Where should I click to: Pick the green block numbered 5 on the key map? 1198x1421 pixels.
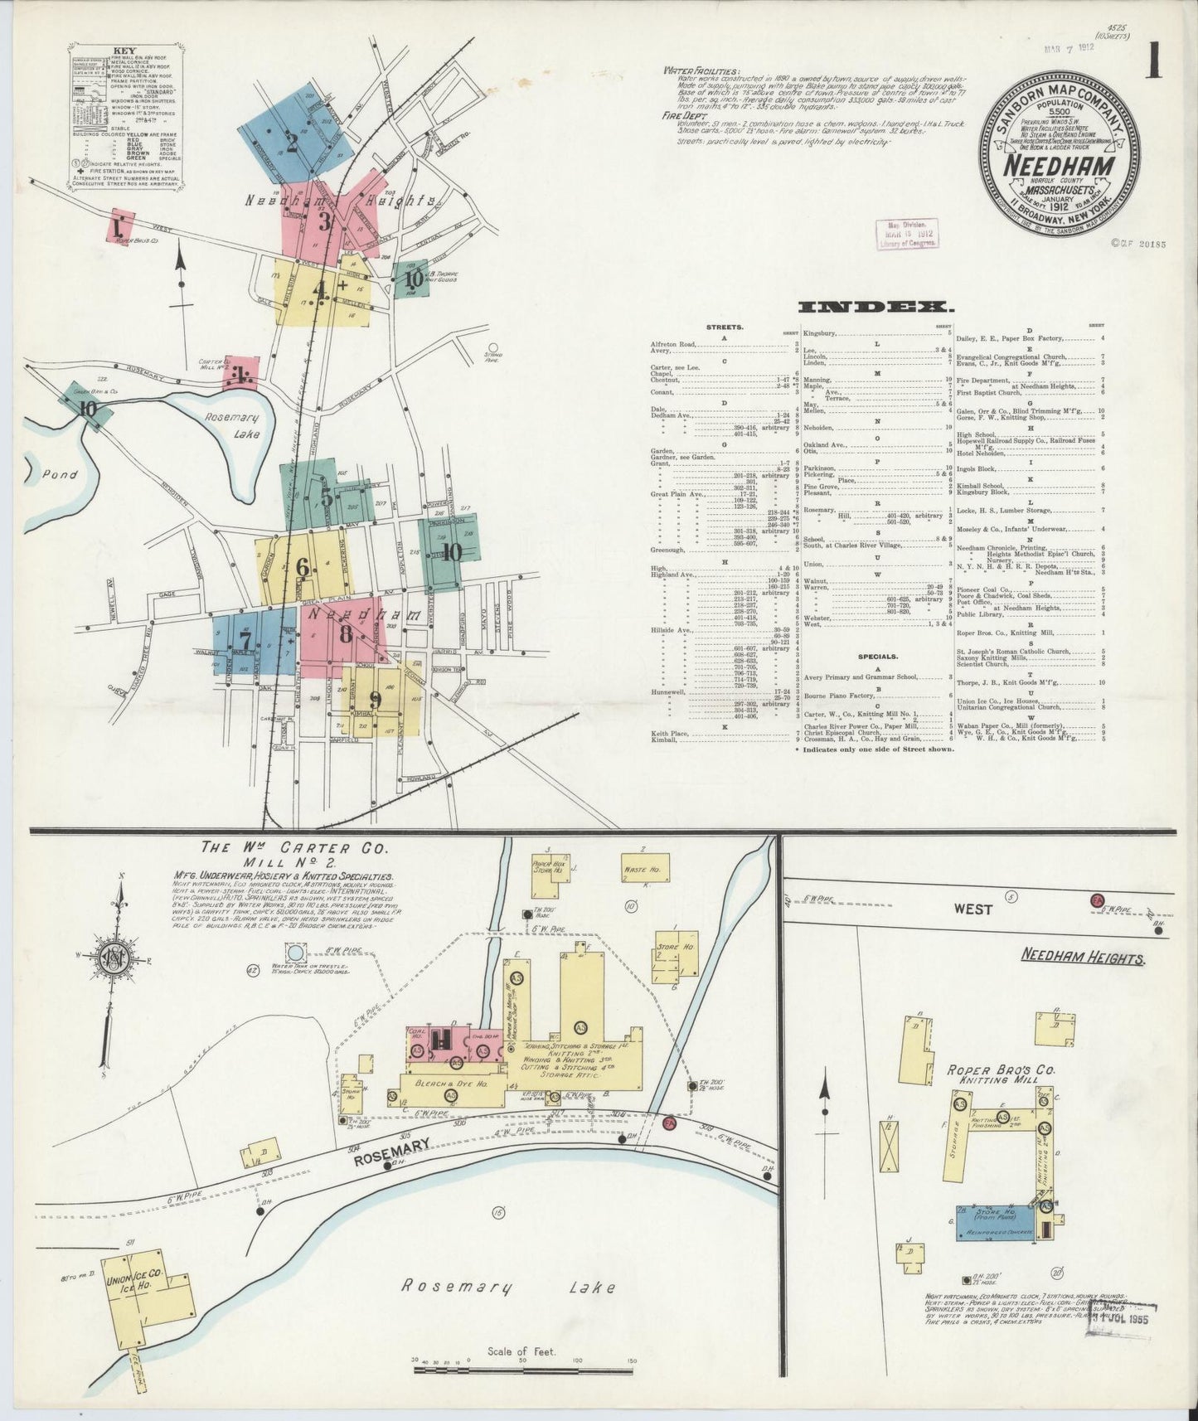click(x=325, y=497)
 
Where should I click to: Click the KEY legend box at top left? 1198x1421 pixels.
click(x=124, y=122)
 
